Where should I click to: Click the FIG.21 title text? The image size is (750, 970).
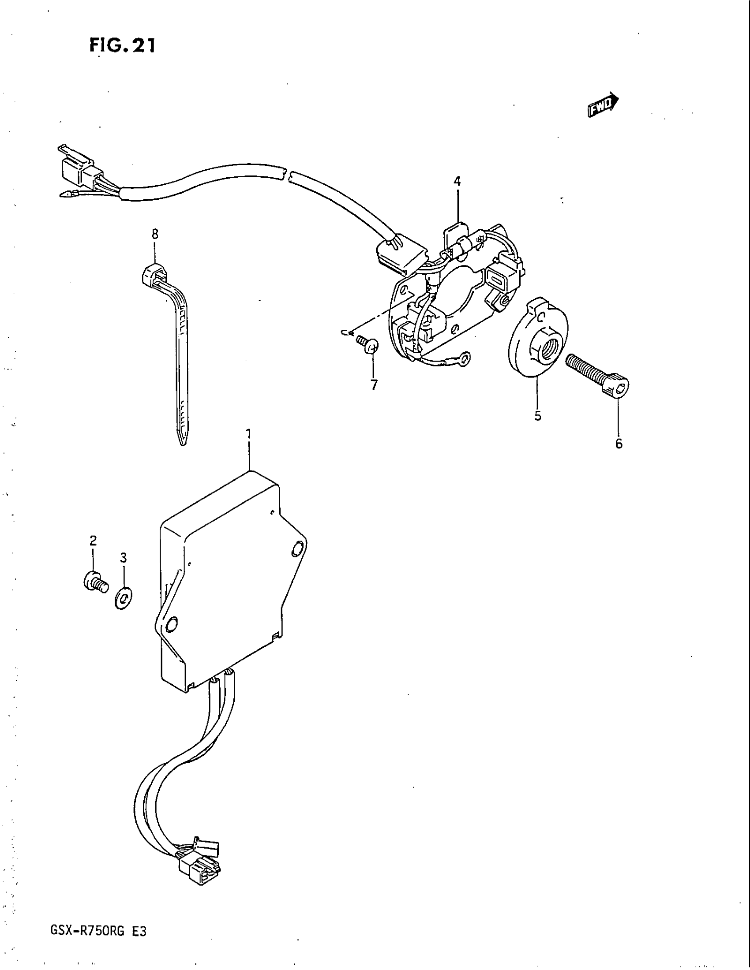pyautogui.click(x=123, y=46)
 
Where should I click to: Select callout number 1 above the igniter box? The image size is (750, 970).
pyautogui.click(x=249, y=433)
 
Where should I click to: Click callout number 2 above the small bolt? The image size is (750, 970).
pyautogui.click(x=93, y=541)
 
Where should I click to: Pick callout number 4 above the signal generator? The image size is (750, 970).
pyautogui.click(x=457, y=181)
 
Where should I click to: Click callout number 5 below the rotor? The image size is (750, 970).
pyautogui.click(x=538, y=416)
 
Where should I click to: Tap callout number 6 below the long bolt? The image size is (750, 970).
pyautogui.click(x=619, y=443)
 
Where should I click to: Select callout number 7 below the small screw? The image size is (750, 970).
pyautogui.click(x=374, y=384)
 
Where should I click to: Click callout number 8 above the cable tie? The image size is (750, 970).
pyautogui.click(x=154, y=234)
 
